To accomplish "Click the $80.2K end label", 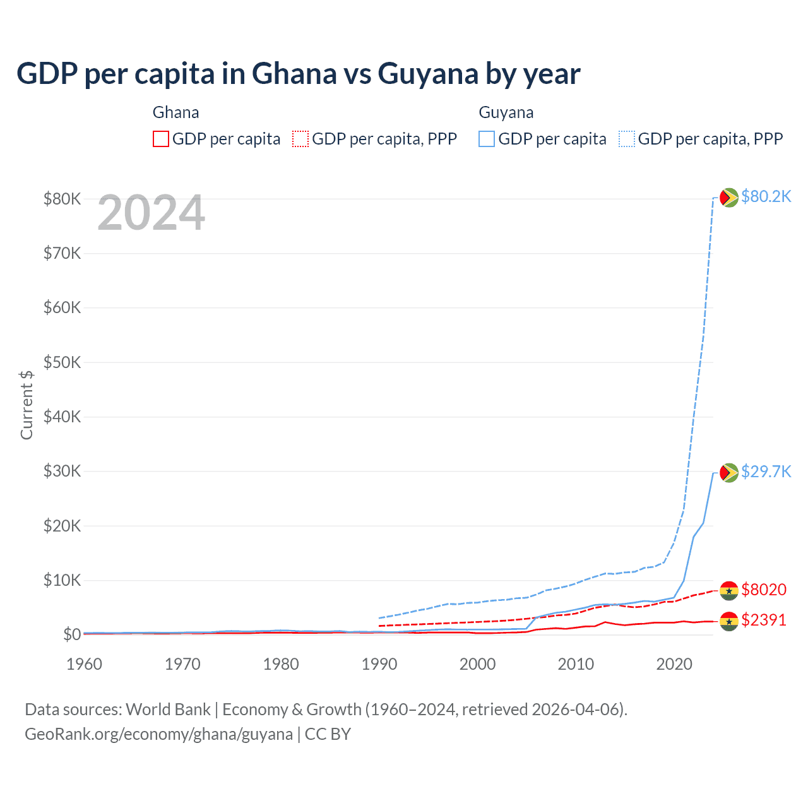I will pyautogui.click(x=766, y=196).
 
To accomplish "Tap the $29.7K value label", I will pyautogui.click(x=766, y=472).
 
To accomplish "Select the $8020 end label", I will pyautogui.click(x=764, y=590).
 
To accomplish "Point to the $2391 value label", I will pyautogui.click(x=764, y=620).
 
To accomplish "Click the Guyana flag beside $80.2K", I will pyautogui.click(x=729, y=198).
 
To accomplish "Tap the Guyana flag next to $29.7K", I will pyautogui.click(x=729, y=472).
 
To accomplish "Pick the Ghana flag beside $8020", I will pyautogui.click(x=729, y=590).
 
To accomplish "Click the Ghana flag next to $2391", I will pyautogui.click(x=729, y=621).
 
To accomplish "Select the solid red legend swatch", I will pyautogui.click(x=161, y=139).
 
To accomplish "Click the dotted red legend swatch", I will pyautogui.click(x=300, y=139).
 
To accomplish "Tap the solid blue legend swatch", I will pyautogui.click(x=487, y=139).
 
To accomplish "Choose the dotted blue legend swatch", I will pyautogui.click(x=627, y=139).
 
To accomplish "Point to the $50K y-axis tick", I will pyautogui.click(x=62, y=362).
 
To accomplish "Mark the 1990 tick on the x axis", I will pyautogui.click(x=379, y=664).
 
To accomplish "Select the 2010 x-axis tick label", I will pyautogui.click(x=576, y=664).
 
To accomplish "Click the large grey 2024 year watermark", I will pyautogui.click(x=151, y=213).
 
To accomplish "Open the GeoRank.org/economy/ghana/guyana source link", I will pyautogui.click(x=158, y=734).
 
